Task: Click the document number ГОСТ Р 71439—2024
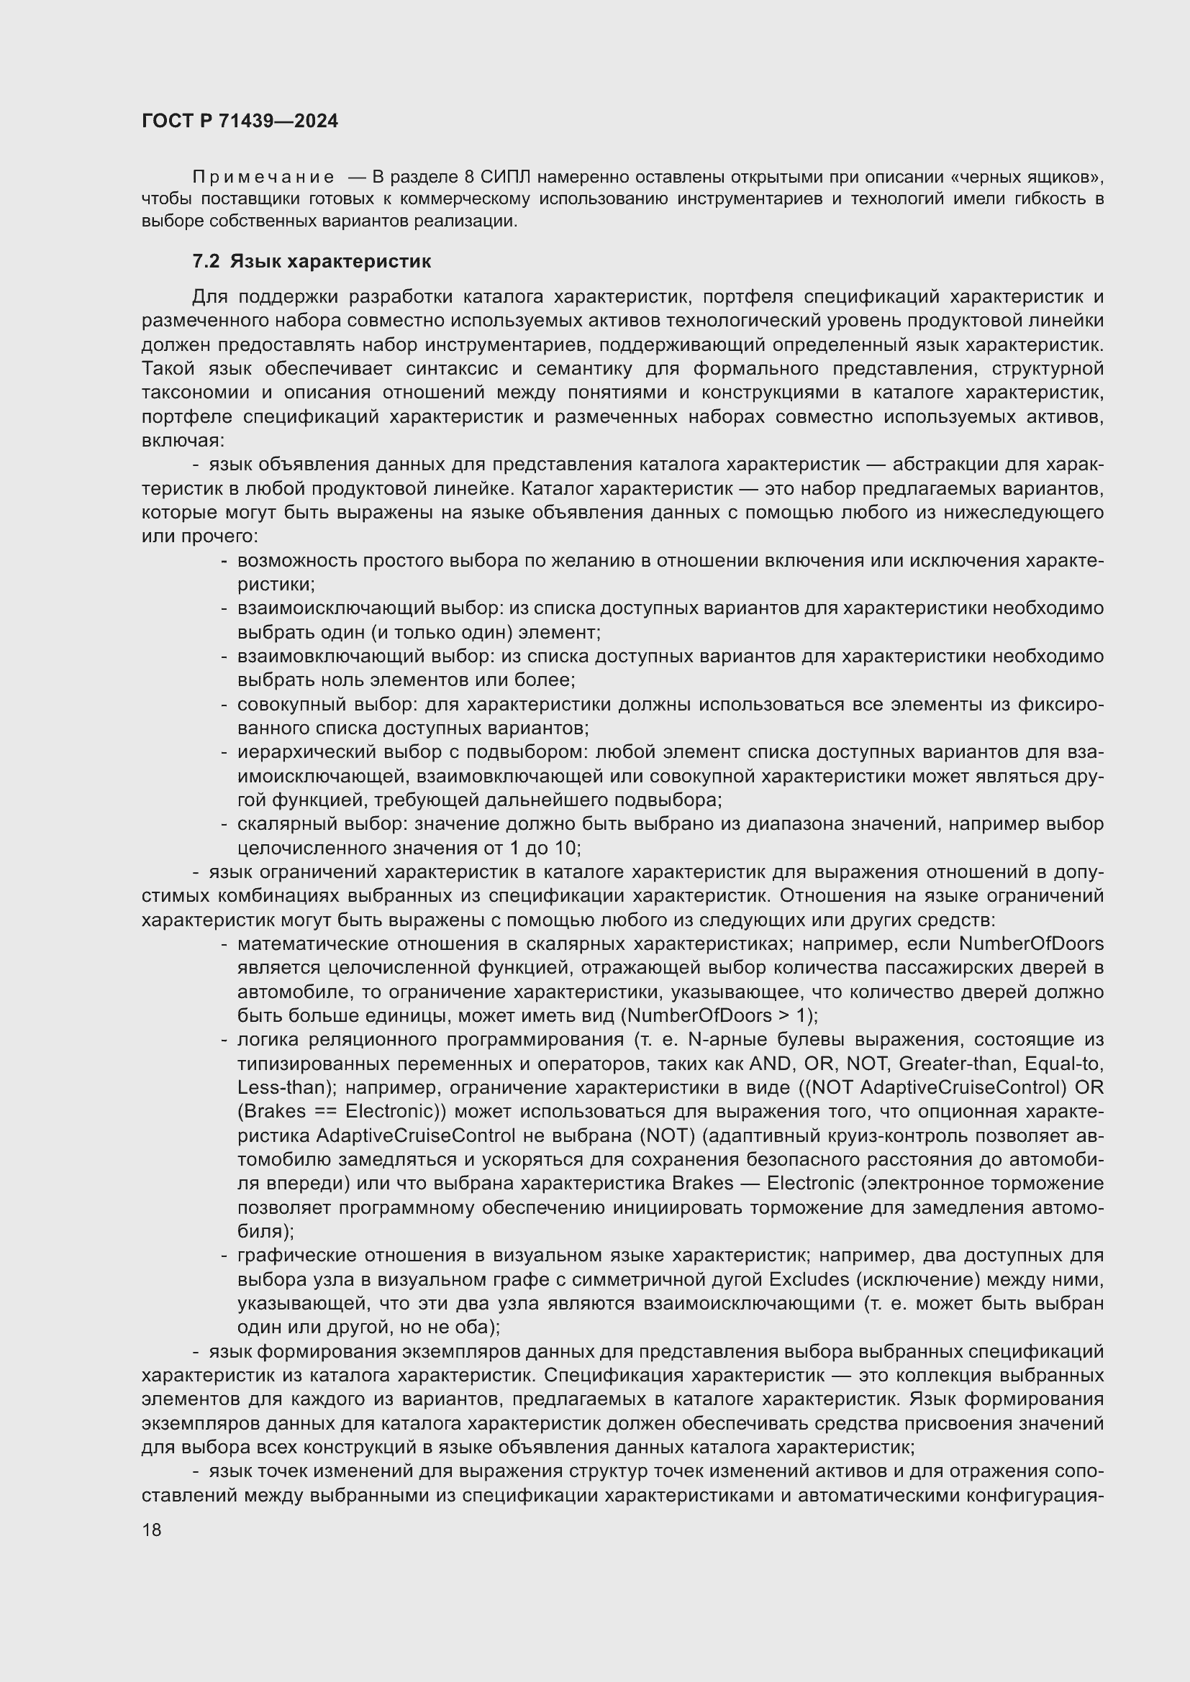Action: click(240, 122)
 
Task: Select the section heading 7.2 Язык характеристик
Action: click(312, 262)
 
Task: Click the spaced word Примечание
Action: click(263, 178)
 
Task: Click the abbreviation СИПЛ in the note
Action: click(506, 178)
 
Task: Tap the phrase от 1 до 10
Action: click(540, 849)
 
